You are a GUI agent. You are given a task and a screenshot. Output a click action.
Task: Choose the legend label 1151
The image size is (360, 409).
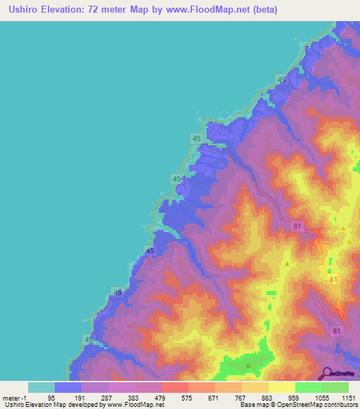click(348, 398)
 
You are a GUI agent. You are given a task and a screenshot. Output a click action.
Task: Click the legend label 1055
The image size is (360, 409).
click(321, 398)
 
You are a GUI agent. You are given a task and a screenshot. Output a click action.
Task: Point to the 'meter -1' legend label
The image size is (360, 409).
click(16, 398)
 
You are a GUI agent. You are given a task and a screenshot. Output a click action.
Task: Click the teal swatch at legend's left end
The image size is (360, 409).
click(41, 387)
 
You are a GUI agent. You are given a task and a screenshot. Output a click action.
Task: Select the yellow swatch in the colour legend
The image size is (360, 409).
click(281, 387)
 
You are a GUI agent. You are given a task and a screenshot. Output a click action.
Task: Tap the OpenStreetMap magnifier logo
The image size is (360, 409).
click(327, 373)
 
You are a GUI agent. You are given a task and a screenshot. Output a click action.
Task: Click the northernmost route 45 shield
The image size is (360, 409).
click(282, 81)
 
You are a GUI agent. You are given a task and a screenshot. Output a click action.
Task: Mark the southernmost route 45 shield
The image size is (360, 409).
click(89, 339)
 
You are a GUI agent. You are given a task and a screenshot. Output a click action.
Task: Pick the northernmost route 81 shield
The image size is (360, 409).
click(297, 226)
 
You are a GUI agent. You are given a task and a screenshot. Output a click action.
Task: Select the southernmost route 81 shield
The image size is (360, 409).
click(337, 331)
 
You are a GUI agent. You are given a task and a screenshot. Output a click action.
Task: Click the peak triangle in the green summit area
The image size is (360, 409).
click(247, 365)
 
